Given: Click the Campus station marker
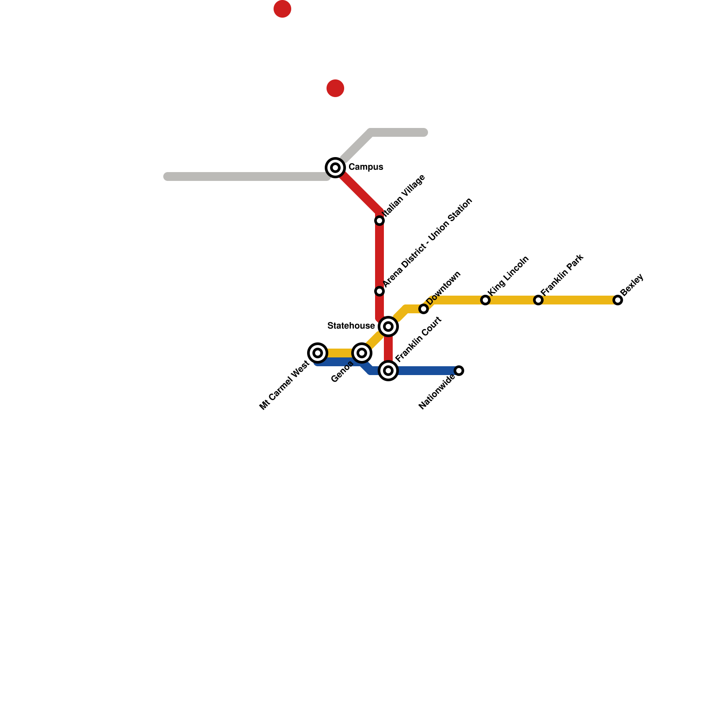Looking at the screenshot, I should click(335, 168).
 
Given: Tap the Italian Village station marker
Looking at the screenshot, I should click(379, 221).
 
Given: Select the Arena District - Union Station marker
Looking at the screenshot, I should click(379, 291).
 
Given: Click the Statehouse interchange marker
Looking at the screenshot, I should click(388, 327).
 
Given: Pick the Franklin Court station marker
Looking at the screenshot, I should click(388, 371).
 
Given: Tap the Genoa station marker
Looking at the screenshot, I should click(362, 353).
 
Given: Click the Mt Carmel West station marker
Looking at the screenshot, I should click(318, 353).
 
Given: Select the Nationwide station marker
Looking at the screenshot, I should click(459, 371).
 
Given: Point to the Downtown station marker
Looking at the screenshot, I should click(424, 309).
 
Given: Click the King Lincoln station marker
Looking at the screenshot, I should click(485, 300).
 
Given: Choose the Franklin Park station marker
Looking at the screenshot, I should click(538, 300).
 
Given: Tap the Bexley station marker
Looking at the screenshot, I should click(618, 300).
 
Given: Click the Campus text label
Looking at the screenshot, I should click(366, 167).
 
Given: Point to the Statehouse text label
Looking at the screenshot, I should click(351, 326).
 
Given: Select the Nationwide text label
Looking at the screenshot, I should click(437, 392).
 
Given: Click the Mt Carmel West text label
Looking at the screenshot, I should click(284, 386).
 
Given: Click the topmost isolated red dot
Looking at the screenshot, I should click(282, 9).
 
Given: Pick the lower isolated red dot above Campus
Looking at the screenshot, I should click(335, 88).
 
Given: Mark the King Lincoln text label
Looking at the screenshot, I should click(509, 276).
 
